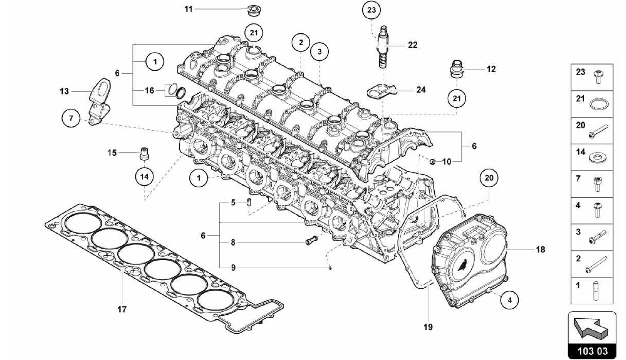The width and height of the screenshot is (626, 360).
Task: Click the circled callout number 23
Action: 371,10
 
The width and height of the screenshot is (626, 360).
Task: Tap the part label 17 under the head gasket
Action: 122,309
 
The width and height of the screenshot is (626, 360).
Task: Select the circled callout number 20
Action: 489,178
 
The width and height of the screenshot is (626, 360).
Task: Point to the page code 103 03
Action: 592,351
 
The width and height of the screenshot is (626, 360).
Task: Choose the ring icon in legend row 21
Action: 597,104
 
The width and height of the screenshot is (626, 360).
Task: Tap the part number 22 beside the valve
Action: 413,45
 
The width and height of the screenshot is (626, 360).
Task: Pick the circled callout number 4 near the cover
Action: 510,300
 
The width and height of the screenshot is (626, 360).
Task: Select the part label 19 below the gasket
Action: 428,327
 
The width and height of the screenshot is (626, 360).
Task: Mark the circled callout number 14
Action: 144,176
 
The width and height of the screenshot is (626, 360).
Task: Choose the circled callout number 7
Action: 71,118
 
